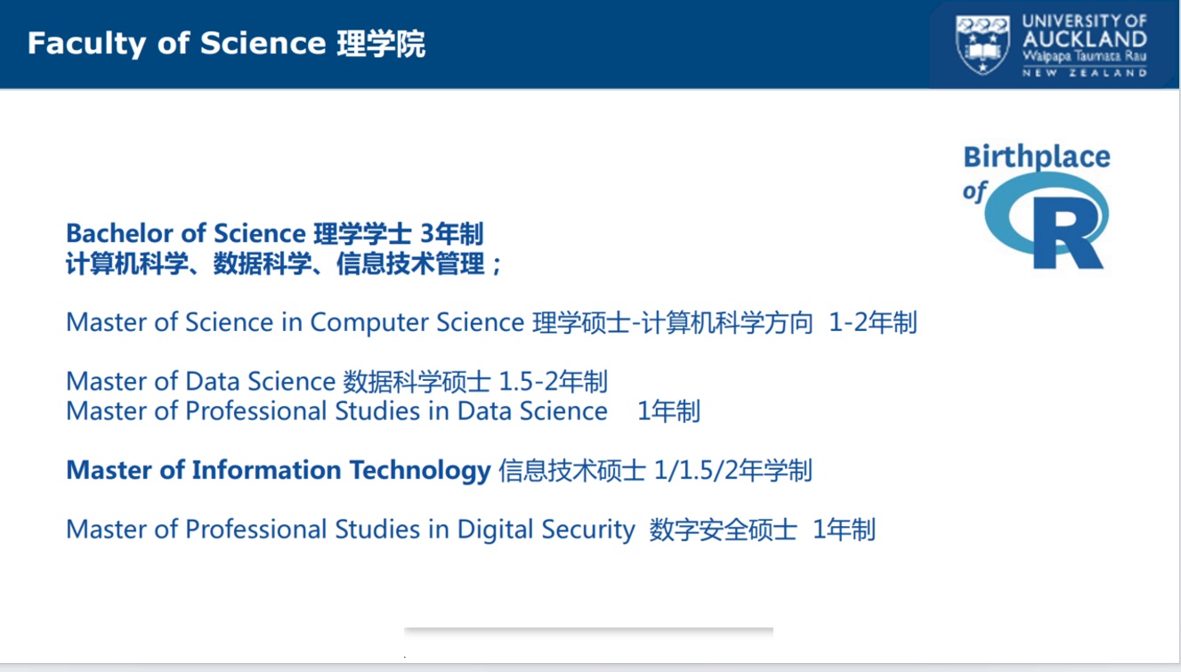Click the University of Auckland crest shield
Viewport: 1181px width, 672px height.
(983, 45)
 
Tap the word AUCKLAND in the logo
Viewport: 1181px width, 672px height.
(1085, 39)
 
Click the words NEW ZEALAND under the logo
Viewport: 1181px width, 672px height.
(1085, 72)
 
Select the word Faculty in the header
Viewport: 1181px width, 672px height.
(86, 44)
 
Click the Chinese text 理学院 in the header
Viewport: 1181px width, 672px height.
(381, 44)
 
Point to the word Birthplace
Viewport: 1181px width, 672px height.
(1037, 158)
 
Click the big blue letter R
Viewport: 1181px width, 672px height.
(1068, 232)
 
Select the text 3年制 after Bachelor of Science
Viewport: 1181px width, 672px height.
(452, 234)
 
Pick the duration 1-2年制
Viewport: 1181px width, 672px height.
(873, 322)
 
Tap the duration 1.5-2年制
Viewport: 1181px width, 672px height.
(553, 381)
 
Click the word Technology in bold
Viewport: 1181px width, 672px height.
(420, 471)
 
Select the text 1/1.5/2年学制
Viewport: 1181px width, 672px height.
(732, 470)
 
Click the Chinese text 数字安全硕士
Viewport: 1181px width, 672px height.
(723, 530)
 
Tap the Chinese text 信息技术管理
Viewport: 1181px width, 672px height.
(410, 263)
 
